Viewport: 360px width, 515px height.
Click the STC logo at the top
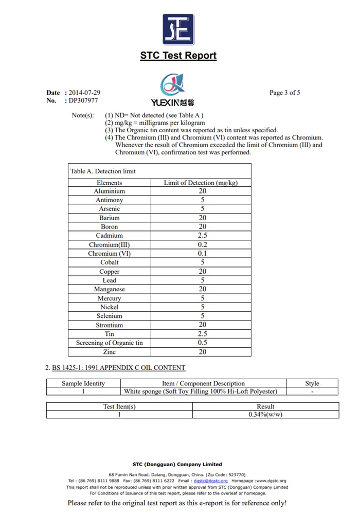coord(178,30)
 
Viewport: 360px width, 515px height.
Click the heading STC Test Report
coord(178,56)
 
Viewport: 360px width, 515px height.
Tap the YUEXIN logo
coord(172,90)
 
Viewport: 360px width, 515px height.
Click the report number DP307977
coord(83,101)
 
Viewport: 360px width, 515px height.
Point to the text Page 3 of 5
coord(284,93)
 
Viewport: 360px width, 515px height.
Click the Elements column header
coord(110,183)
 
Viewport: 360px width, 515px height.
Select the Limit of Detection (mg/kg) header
coord(201,183)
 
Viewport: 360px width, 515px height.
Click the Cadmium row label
coord(109,236)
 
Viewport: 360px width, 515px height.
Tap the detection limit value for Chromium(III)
coord(202,245)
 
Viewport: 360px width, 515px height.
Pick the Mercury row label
coord(109,298)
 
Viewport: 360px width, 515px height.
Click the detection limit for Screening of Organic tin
coord(202,343)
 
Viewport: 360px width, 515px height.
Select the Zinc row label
coord(109,352)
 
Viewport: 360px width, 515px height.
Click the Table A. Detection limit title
coord(103,171)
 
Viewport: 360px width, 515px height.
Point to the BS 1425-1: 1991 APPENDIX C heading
coord(118,368)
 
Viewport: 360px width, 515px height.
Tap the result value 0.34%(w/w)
coord(265,414)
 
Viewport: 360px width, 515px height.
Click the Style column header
coord(312,383)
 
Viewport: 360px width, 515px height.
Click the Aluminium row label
coord(109,191)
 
